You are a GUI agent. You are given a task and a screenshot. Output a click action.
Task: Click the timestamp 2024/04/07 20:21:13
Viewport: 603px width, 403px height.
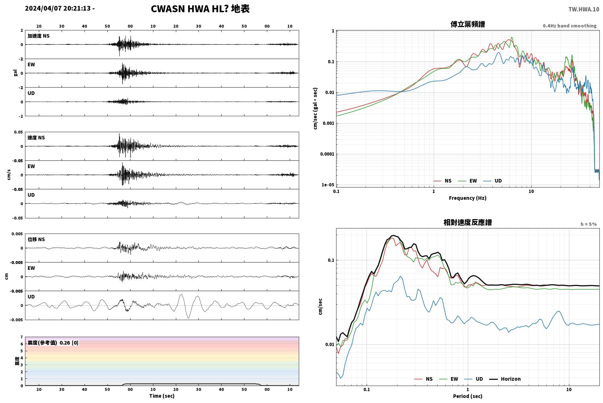click(58, 8)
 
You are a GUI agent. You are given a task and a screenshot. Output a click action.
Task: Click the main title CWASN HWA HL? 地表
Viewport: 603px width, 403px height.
click(200, 9)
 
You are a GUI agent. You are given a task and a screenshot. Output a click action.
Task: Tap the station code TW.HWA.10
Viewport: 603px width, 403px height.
click(584, 9)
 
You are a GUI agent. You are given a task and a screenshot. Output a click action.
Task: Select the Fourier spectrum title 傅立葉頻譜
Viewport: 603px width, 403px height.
click(468, 25)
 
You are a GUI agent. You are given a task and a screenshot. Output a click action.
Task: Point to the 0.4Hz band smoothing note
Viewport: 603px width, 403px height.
click(570, 26)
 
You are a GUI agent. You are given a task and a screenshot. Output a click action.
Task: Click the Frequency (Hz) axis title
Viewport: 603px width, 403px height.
click(468, 198)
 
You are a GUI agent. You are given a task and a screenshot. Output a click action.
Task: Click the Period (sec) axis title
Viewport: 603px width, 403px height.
click(468, 396)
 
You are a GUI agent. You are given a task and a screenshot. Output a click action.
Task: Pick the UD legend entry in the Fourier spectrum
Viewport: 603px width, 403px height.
click(493, 181)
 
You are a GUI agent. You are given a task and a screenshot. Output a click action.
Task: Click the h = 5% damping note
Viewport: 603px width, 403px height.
click(588, 224)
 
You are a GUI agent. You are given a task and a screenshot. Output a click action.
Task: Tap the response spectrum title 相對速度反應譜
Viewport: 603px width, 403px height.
click(468, 223)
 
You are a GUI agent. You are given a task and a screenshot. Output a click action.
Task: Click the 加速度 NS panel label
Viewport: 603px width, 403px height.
click(38, 36)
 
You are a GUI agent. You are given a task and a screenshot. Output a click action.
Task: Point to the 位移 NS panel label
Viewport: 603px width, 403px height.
click(36, 240)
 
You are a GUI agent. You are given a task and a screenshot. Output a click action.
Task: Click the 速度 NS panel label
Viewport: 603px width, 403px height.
click(36, 138)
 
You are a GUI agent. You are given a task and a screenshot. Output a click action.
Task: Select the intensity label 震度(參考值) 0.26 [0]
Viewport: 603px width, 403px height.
click(53, 343)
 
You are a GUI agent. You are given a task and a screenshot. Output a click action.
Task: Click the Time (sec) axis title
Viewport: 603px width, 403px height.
click(162, 396)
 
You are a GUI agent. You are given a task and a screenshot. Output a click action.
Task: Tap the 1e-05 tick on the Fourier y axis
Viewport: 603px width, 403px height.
click(328, 185)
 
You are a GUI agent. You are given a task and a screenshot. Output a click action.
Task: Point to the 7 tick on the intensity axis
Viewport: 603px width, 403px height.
click(22, 337)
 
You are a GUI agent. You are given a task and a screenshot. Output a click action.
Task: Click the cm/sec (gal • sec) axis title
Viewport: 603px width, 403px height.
click(315, 109)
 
